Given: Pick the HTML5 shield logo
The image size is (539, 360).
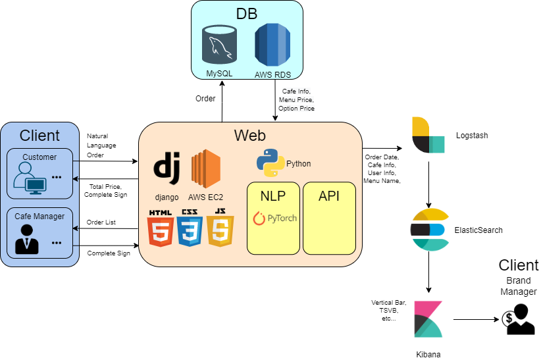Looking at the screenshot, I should pyautogui.click(x=161, y=228).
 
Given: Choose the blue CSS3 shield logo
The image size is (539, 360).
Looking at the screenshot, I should pyautogui.click(x=190, y=228).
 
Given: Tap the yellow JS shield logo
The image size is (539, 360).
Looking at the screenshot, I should pyautogui.click(x=220, y=228).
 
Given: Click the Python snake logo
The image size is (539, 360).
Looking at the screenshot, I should pyautogui.click(x=270, y=163).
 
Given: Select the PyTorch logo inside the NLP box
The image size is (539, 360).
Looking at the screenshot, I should pyautogui.click(x=273, y=218).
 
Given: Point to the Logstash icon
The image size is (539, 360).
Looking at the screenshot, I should pyautogui.click(x=428, y=135).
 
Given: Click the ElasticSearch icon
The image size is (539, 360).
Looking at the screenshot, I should pyautogui.click(x=429, y=230).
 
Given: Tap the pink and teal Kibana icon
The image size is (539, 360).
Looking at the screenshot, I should pyautogui.click(x=428, y=321).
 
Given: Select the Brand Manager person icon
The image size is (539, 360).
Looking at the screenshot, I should pyautogui.click(x=518, y=319).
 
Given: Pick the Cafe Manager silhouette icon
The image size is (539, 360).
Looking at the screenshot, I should pyautogui.click(x=27, y=239).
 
